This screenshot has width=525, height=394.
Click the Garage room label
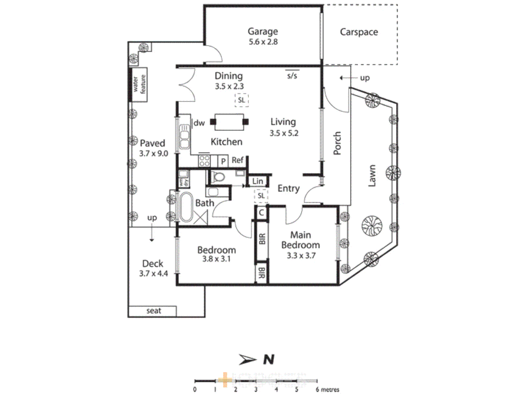[x=262, y=31]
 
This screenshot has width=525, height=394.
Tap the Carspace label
[x=359, y=32]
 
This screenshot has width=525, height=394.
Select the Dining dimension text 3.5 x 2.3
[x=229, y=86]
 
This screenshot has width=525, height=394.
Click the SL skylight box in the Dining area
[x=241, y=100]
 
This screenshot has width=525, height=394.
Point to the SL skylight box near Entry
[x=261, y=196]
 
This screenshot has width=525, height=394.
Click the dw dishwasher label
[x=199, y=123]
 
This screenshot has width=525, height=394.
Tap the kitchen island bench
[x=229, y=122]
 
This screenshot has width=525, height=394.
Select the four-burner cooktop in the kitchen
[x=204, y=161]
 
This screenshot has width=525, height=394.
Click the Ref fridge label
[x=237, y=160]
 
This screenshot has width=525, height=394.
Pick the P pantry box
[x=223, y=161]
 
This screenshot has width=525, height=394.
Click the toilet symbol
[x=218, y=177]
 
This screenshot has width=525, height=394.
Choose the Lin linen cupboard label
[x=257, y=181]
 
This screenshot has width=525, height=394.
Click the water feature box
[x=139, y=84]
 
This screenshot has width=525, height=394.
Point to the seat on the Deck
[x=153, y=311]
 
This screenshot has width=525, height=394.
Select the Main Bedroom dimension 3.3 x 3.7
[x=301, y=255]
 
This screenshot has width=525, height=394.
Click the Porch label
[x=337, y=143]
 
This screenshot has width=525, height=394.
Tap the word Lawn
[x=372, y=176]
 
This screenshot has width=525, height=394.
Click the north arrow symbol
[x=248, y=360]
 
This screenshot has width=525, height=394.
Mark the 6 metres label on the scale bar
[x=327, y=390]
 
